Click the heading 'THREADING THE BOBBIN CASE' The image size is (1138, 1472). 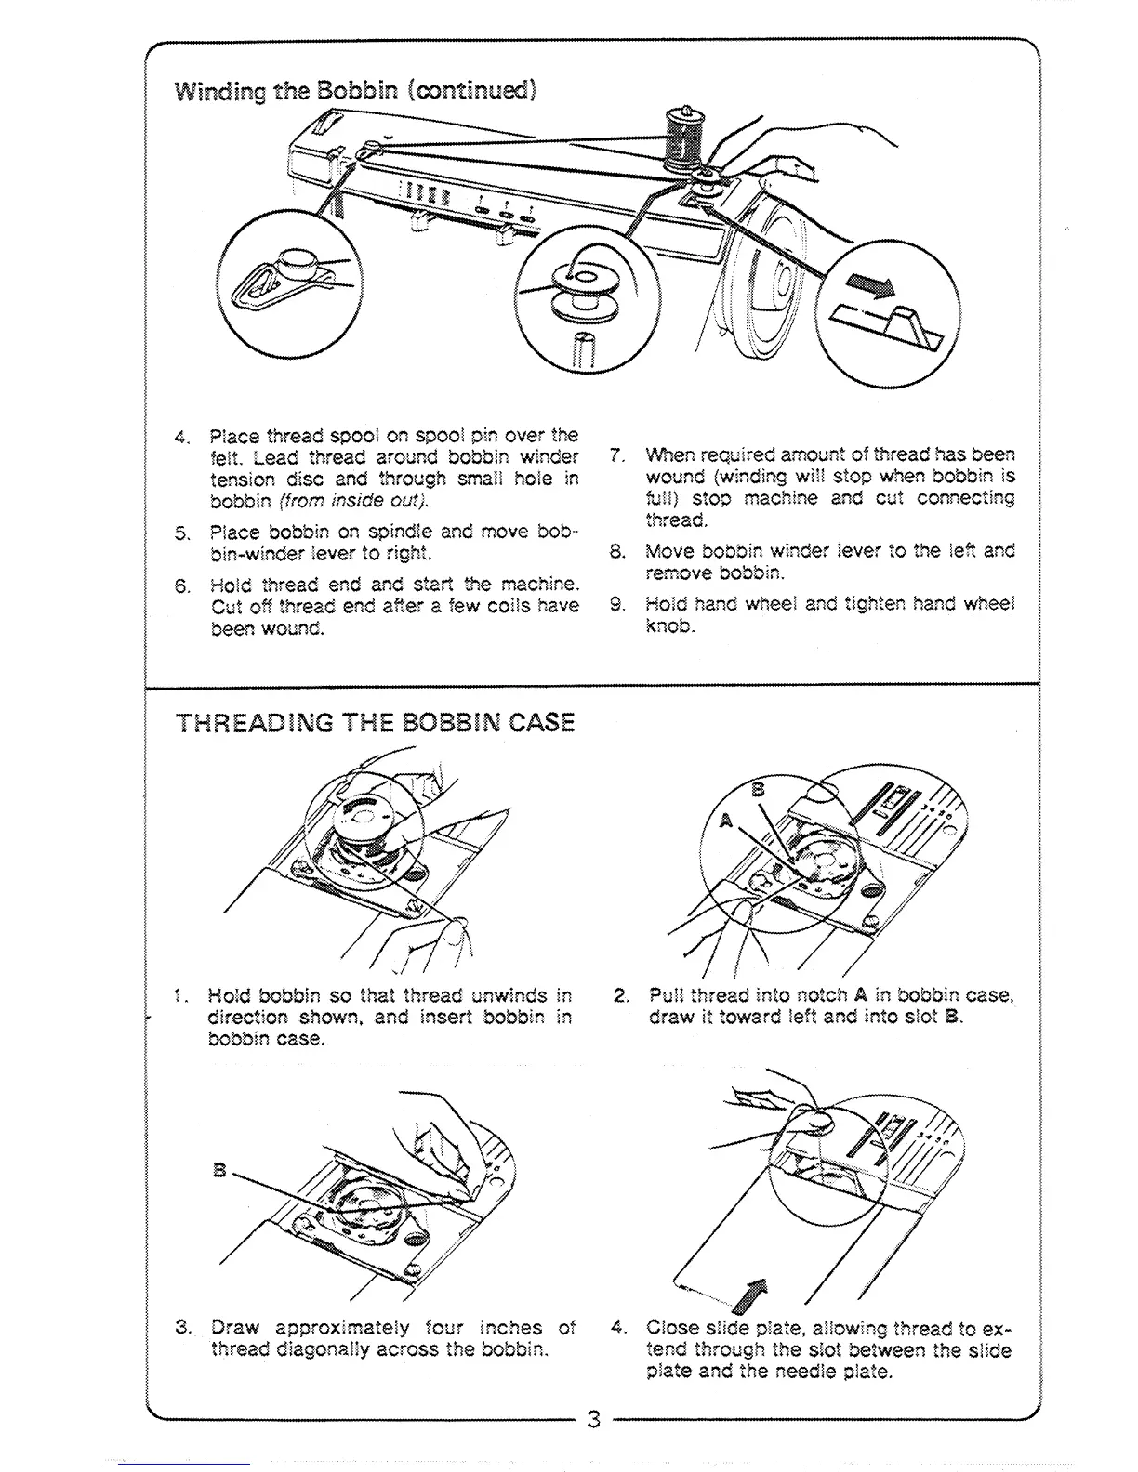(375, 722)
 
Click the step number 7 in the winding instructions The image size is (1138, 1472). (615, 455)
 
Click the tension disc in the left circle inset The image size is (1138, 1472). (298, 264)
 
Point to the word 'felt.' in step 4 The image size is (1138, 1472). (227, 457)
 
